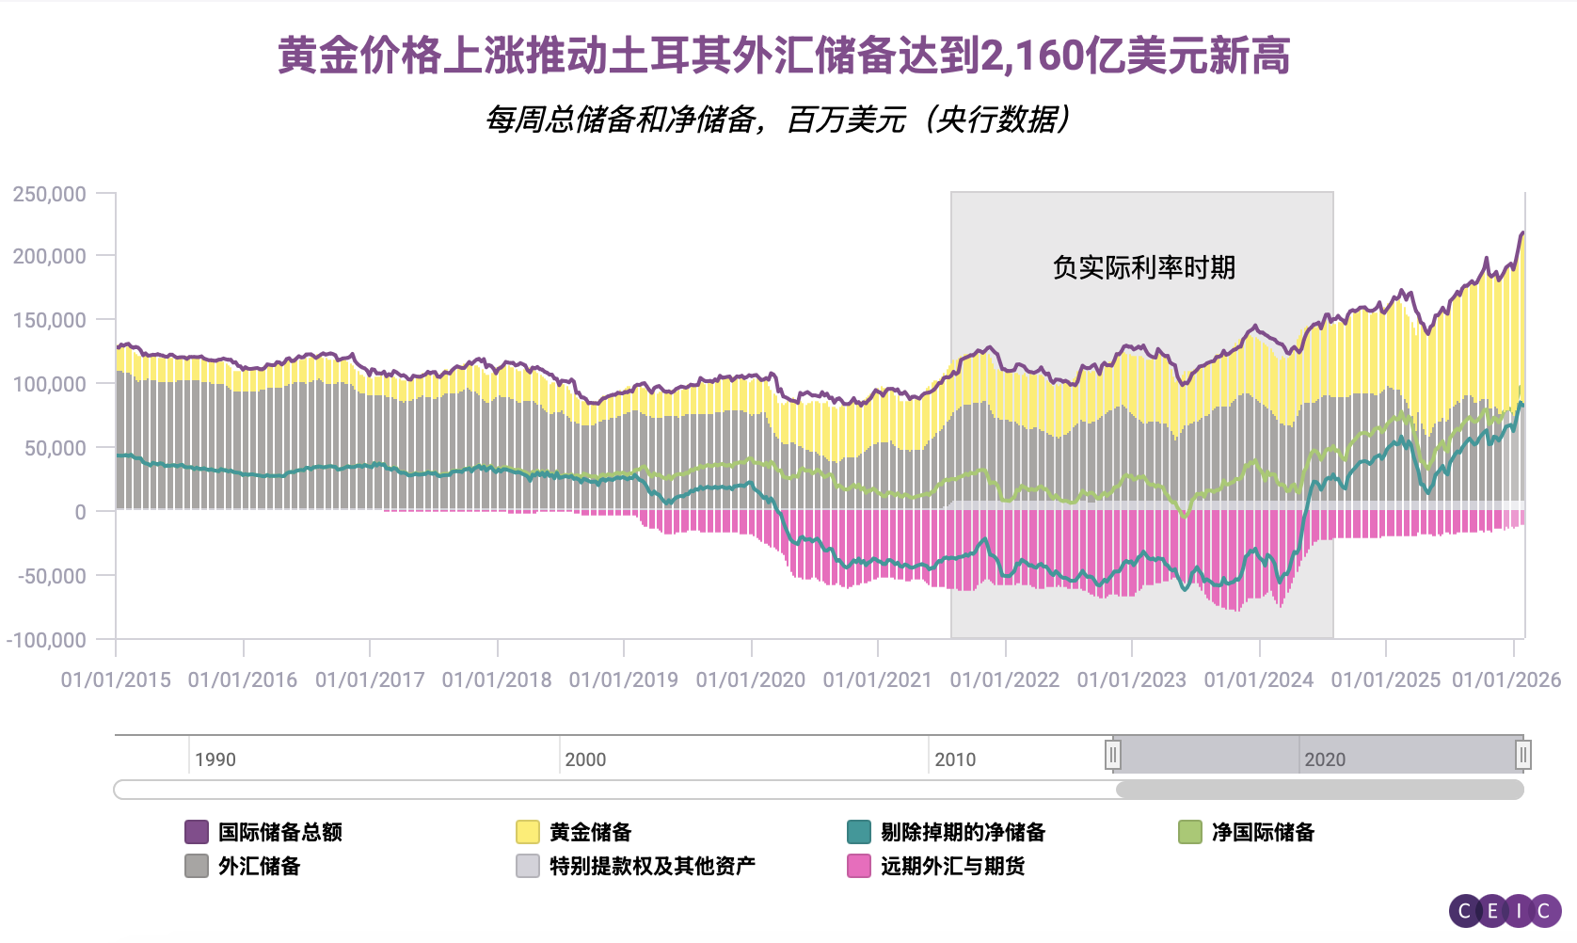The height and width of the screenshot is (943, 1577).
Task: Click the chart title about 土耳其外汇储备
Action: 783,56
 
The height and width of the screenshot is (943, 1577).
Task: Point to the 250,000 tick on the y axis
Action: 50,194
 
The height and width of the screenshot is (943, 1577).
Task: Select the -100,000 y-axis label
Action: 46,640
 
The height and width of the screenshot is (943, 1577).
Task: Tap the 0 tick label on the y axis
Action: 80,512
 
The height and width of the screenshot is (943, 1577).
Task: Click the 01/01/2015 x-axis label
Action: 116,679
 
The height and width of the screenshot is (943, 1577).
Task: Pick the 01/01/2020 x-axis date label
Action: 751,679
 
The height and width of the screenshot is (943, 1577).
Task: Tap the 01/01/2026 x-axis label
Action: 1505,679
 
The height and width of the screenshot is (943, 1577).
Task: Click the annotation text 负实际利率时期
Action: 1143,267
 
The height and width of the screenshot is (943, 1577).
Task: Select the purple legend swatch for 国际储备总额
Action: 197,832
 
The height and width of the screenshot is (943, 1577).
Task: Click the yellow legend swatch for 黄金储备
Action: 528,832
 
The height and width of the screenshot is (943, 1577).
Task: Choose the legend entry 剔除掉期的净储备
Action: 963,832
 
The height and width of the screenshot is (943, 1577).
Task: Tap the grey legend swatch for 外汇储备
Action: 197,866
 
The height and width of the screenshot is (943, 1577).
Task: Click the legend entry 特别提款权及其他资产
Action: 652,866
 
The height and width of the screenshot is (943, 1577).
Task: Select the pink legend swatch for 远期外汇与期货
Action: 859,866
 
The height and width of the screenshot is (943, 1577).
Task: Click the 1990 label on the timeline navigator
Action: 215,759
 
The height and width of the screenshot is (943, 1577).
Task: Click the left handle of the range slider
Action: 1113,755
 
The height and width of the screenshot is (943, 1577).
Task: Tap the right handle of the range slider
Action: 1523,755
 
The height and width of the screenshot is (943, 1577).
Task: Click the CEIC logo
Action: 1505,910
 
